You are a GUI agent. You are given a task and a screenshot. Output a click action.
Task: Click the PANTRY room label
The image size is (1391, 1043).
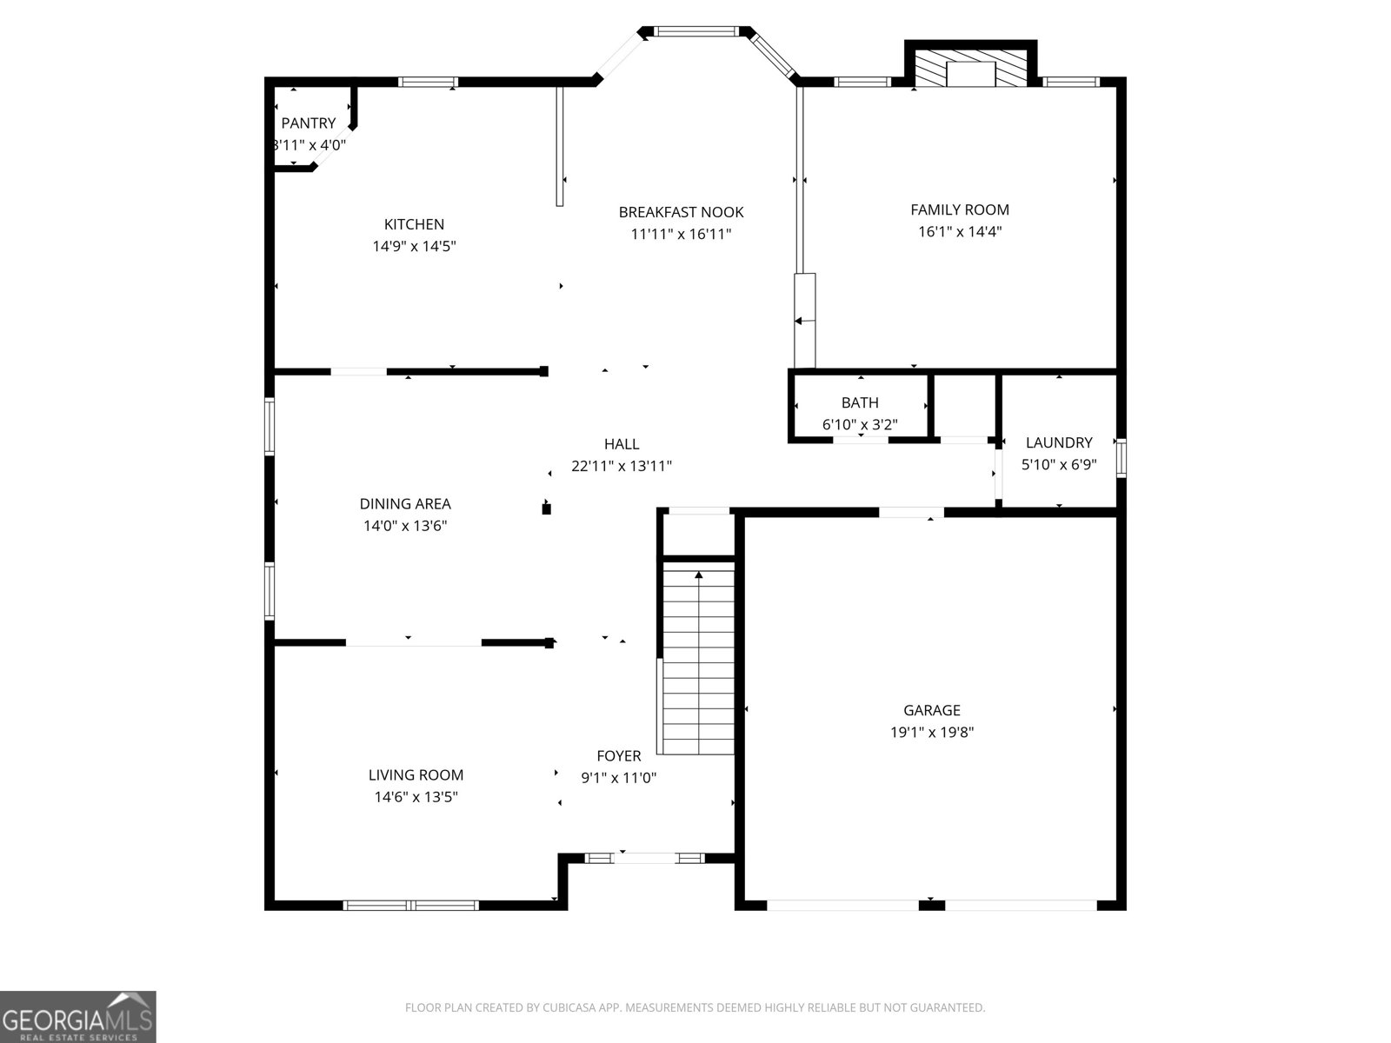[308, 123]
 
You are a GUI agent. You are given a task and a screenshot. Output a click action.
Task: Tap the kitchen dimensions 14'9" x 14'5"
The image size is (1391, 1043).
[415, 246]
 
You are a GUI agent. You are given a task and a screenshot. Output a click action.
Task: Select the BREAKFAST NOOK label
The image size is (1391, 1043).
[681, 212]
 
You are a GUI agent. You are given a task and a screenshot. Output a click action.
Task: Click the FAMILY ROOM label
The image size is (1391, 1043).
[960, 209]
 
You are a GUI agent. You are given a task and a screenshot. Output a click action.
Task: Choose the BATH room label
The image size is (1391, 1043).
[860, 402]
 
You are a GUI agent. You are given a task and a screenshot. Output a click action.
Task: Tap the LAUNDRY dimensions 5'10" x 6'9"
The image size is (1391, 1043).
[1058, 465]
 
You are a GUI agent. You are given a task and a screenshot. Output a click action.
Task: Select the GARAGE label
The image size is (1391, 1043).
[931, 710]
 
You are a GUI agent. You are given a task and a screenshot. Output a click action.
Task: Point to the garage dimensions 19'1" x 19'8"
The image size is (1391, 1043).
[931, 732]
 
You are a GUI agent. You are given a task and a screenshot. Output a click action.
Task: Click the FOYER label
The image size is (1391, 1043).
[619, 756]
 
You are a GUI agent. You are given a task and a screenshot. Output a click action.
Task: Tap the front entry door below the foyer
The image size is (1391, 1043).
[644, 859]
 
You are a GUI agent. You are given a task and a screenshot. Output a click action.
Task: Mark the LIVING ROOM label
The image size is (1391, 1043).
[416, 775]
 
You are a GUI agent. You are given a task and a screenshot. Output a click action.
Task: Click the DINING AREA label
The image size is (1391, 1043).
[405, 504]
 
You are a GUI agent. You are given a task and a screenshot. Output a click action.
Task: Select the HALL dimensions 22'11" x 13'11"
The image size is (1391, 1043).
[622, 466]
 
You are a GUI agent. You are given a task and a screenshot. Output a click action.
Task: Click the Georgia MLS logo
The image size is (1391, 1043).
[77, 1017]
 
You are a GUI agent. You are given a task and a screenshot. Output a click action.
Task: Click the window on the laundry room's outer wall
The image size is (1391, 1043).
[1121, 458]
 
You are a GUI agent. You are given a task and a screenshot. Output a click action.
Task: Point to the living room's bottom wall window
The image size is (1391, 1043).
[411, 906]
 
